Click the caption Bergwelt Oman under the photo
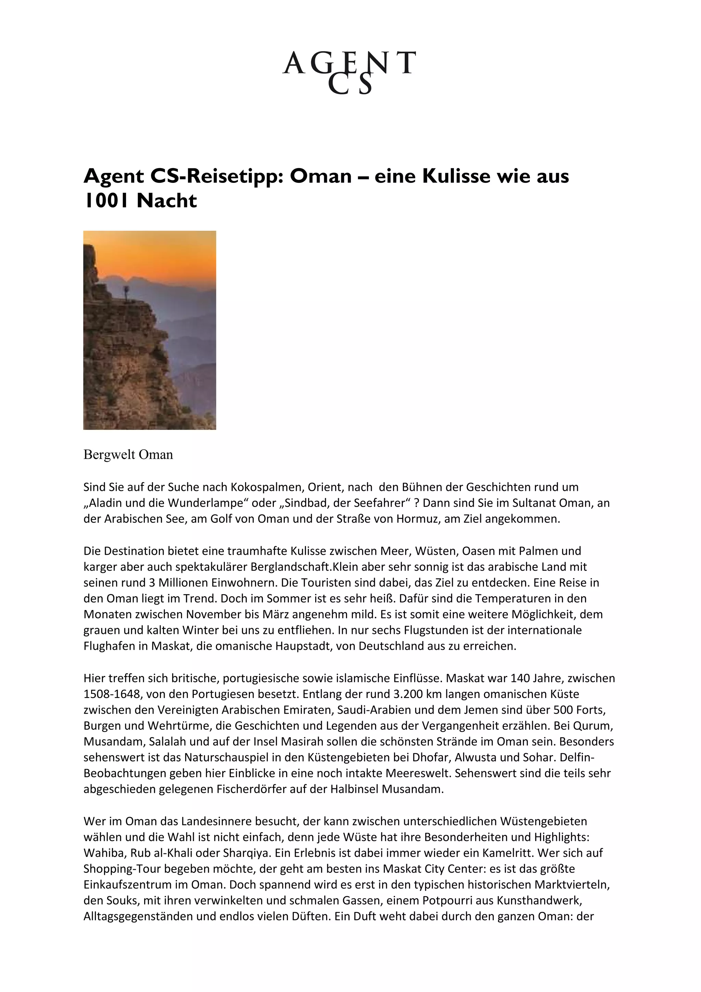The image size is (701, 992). click(x=128, y=455)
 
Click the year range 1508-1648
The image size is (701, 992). click(x=112, y=694)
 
